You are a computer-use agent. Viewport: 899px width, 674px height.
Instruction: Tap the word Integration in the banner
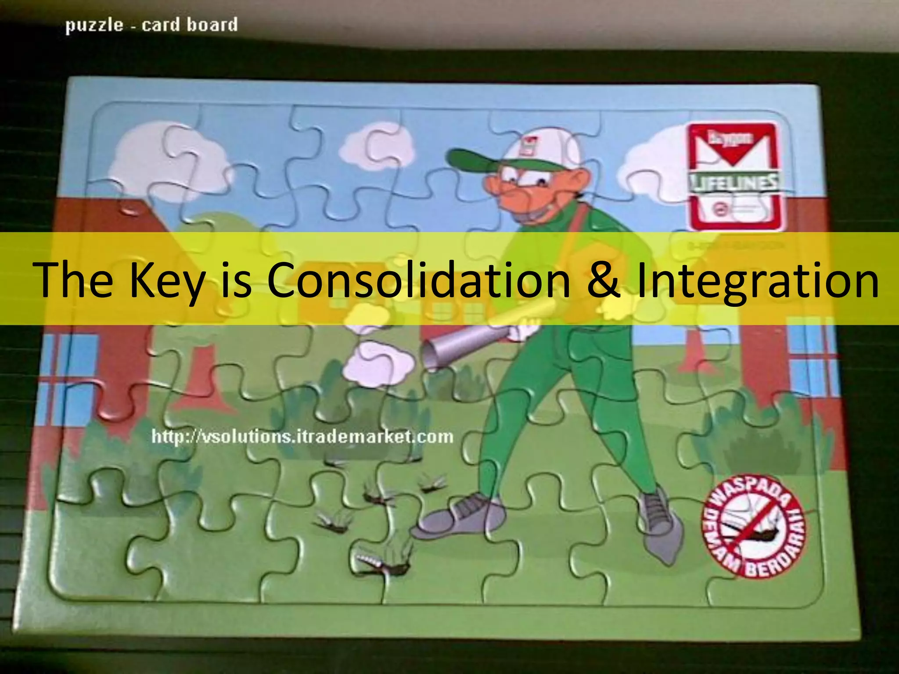pyautogui.click(x=757, y=280)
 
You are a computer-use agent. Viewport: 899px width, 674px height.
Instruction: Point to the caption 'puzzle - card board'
pyautogui.click(x=151, y=25)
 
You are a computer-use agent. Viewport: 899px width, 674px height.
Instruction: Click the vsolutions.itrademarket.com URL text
pyautogui.click(x=302, y=437)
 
